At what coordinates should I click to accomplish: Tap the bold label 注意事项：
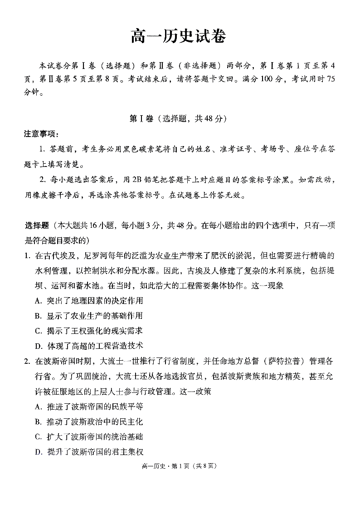tap(42, 134)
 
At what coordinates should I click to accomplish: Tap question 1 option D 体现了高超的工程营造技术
tap(88, 346)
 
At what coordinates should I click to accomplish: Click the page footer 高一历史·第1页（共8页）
tap(180, 466)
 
